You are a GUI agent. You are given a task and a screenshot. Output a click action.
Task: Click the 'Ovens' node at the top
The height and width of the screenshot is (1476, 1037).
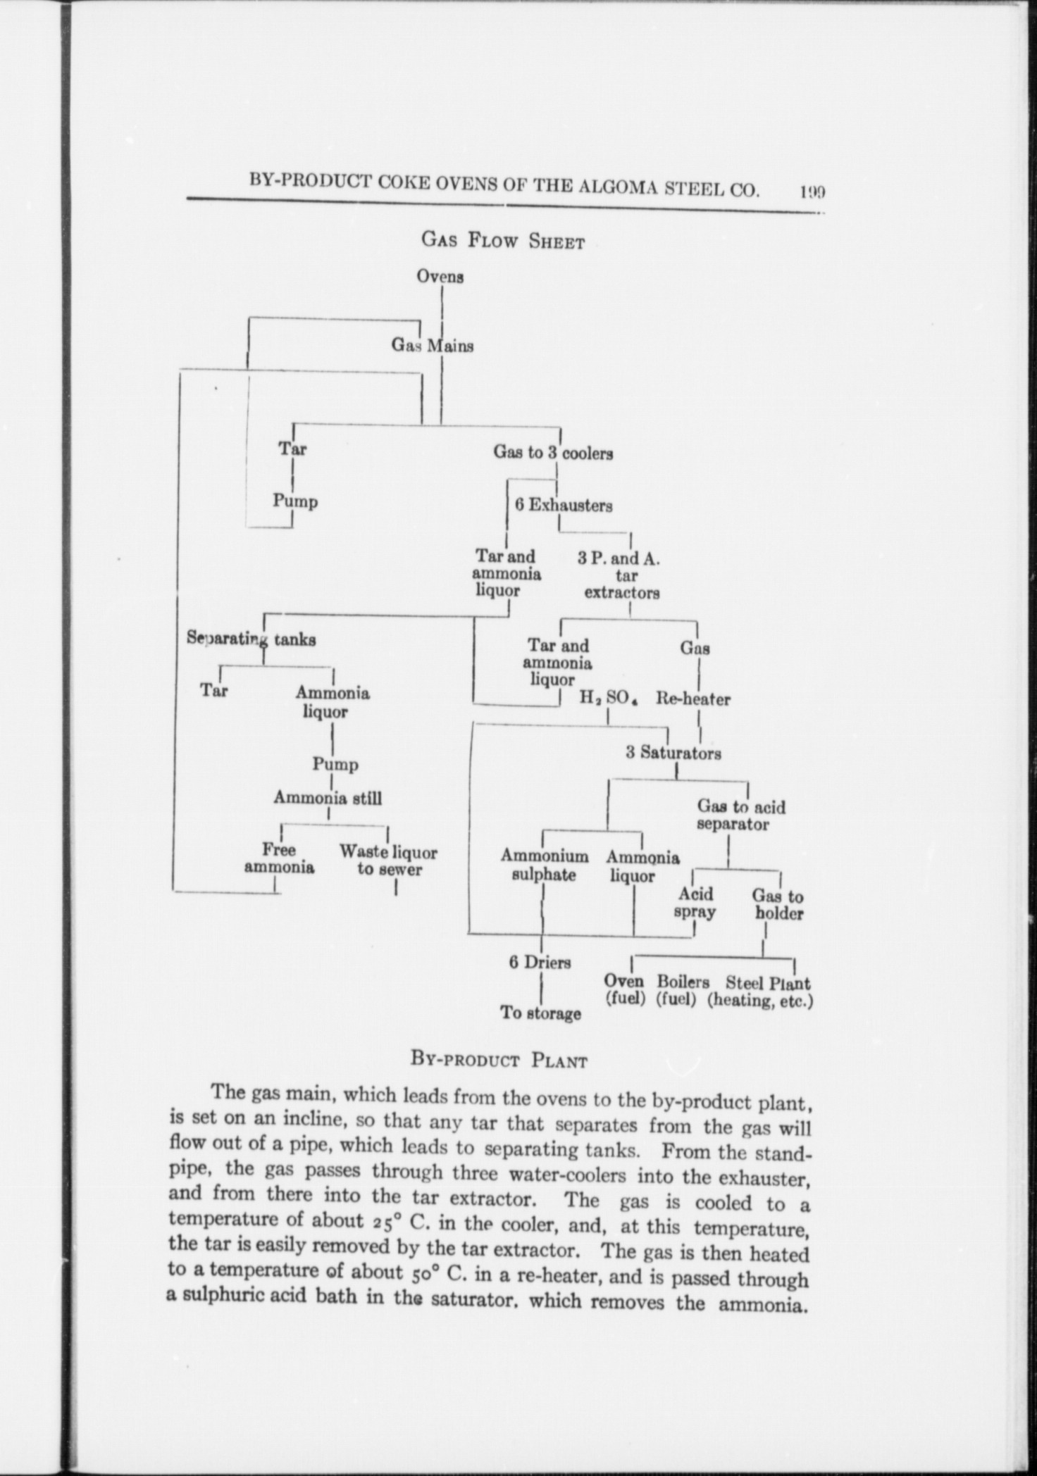click(x=440, y=276)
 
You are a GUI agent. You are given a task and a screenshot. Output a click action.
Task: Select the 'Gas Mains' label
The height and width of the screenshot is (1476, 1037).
click(x=433, y=346)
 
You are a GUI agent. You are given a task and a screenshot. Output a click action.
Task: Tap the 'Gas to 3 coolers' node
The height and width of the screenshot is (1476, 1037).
click(x=553, y=453)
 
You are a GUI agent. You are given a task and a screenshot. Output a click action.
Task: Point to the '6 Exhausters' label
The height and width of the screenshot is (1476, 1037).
click(x=564, y=505)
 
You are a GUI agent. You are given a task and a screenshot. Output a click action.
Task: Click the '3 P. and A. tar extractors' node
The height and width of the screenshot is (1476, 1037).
click(x=620, y=575)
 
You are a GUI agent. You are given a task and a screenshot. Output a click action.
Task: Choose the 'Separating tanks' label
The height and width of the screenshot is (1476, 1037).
click(x=251, y=639)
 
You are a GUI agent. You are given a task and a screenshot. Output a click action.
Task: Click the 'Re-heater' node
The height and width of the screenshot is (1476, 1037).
click(x=693, y=699)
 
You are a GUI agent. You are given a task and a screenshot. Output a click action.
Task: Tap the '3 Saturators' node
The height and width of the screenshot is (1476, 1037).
click(x=673, y=753)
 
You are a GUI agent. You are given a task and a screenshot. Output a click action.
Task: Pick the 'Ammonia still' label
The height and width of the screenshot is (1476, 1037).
click(x=328, y=798)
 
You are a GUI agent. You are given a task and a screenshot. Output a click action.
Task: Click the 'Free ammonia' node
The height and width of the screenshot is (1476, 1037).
click(x=279, y=858)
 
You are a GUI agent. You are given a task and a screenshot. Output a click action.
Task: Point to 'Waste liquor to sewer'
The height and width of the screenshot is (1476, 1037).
click(x=389, y=861)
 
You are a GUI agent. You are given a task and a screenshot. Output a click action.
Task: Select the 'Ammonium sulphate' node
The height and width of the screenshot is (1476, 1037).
click(x=545, y=865)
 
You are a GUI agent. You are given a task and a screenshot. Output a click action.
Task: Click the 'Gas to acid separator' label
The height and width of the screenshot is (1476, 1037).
click(x=740, y=815)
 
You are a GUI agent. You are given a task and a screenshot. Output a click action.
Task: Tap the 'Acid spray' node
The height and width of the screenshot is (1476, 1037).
click(x=695, y=903)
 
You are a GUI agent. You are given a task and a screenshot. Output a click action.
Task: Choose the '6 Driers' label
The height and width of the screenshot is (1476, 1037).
click(x=540, y=962)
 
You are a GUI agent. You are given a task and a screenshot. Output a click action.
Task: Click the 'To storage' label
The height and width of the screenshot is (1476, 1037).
click(x=541, y=1013)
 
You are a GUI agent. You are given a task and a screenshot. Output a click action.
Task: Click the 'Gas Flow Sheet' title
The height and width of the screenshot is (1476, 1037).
click(x=503, y=241)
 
